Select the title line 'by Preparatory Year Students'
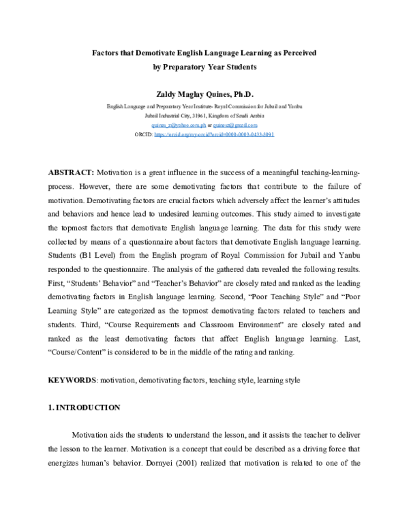coord(204,67)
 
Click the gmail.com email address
coord(235,125)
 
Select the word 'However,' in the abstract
coord(97,186)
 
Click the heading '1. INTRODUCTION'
coord(84,408)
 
